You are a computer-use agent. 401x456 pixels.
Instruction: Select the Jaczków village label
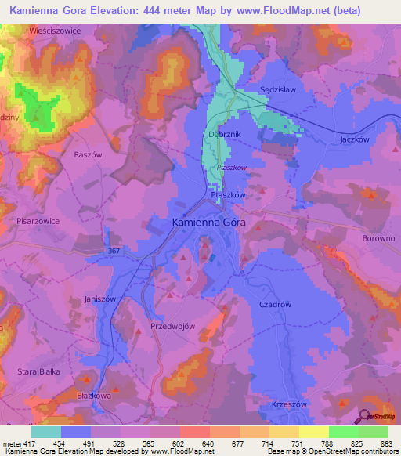(355, 139)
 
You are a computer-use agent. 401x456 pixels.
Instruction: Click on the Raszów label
(88, 155)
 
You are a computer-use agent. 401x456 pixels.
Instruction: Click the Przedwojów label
(172, 325)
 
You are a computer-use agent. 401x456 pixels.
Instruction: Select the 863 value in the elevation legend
(387, 444)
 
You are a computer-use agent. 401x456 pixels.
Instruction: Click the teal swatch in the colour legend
(45, 432)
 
